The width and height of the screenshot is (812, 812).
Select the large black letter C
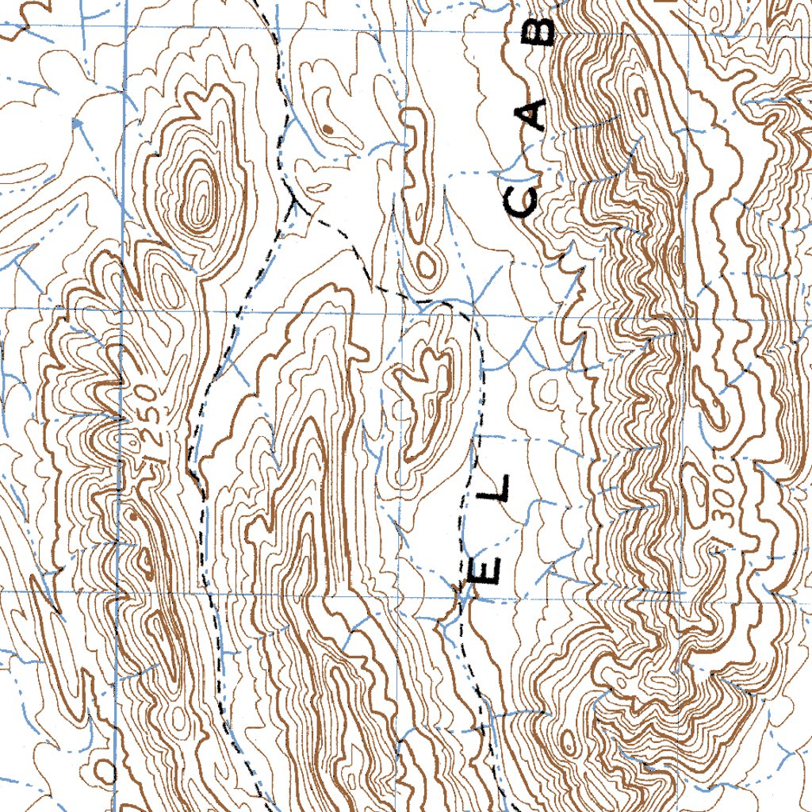point(521,200)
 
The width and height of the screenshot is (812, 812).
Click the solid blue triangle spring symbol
point(76,123)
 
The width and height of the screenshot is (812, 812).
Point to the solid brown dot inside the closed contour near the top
point(327,127)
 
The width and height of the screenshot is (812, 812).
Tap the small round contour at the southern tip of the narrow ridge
point(426,265)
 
